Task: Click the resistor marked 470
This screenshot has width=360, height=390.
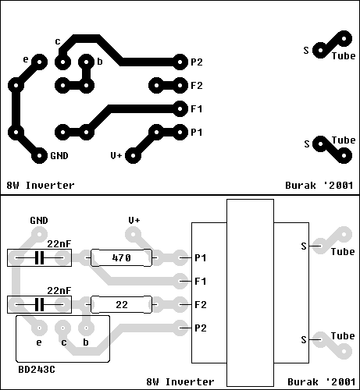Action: point(120,257)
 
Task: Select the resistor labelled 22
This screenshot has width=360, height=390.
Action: point(120,304)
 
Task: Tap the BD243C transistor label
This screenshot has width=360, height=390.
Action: point(36,368)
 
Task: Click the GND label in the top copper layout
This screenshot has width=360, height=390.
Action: point(59,156)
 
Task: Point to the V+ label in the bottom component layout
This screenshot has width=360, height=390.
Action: point(134,221)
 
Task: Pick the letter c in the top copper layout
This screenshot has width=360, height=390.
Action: point(57,41)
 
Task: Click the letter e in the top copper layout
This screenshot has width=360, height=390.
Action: point(26,59)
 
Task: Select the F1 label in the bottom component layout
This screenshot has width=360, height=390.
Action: point(200,281)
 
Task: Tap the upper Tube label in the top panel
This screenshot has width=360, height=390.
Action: point(344,56)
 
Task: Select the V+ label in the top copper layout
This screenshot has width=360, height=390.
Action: point(116,156)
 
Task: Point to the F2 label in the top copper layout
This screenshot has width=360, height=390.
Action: point(197,86)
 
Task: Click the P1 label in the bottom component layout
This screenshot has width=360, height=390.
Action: point(200,257)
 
